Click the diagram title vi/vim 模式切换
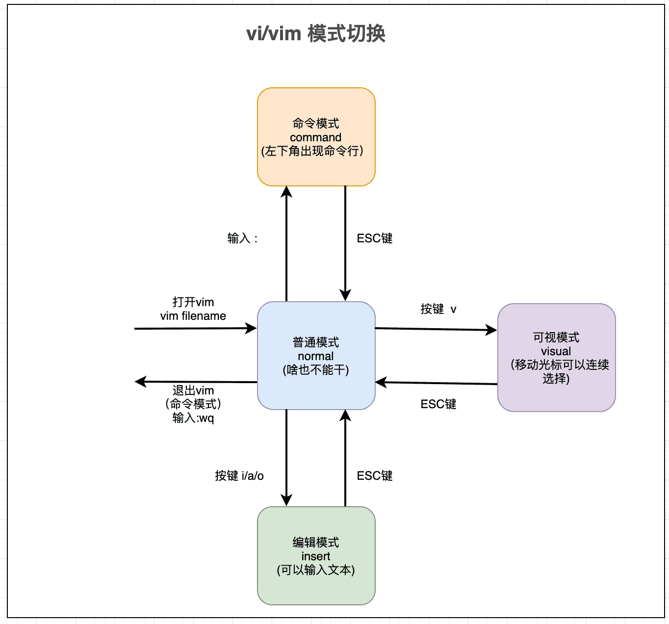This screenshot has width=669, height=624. click(316, 34)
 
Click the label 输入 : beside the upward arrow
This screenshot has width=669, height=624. click(242, 238)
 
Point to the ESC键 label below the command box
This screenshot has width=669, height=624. click(375, 238)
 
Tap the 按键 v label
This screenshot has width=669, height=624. click(438, 309)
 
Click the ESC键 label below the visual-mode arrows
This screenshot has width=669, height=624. click(438, 404)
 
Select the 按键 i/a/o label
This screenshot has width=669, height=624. click(239, 476)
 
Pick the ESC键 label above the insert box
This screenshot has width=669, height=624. click(375, 476)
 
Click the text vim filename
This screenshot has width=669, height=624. click(193, 316)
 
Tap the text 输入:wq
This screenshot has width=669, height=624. click(193, 418)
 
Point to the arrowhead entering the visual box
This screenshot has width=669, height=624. click(491, 330)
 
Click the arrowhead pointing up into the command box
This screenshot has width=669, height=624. click(286, 192)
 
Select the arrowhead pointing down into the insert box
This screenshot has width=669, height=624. click(286, 500)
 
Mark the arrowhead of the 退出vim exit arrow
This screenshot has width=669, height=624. click(141, 381)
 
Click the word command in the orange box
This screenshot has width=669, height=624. click(315, 137)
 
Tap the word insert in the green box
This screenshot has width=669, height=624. click(316, 556)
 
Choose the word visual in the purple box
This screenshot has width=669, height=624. click(556, 351)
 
